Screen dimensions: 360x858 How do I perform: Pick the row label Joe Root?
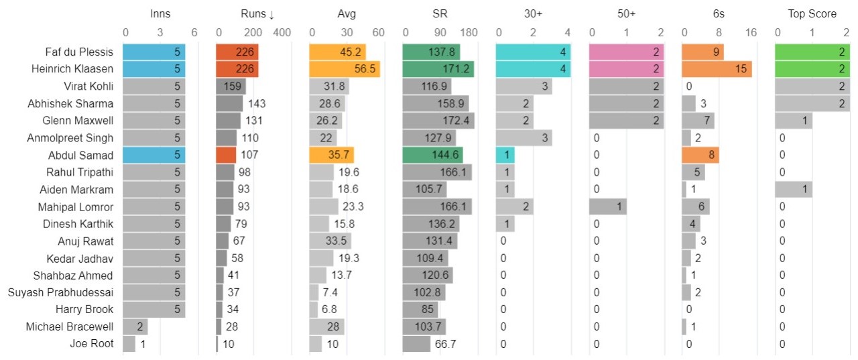click(x=92, y=344)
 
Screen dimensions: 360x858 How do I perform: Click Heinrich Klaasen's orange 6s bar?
click(x=717, y=69)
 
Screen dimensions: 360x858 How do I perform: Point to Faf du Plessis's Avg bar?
click(x=337, y=52)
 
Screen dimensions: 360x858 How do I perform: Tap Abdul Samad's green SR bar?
click(x=432, y=155)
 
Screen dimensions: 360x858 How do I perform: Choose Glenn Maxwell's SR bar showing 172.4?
click(x=438, y=121)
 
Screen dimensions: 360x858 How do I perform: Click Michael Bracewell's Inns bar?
click(x=135, y=326)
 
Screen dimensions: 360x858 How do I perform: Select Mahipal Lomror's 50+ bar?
click(x=607, y=206)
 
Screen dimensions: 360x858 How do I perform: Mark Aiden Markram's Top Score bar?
click(x=793, y=189)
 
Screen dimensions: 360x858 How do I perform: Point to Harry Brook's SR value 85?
click(x=449, y=310)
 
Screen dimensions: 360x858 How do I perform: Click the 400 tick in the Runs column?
click(x=282, y=32)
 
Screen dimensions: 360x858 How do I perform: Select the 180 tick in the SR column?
click(x=469, y=32)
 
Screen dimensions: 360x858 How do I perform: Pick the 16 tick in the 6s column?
click(x=751, y=32)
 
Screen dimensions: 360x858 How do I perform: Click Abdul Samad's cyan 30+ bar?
click(x=505, y=155)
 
